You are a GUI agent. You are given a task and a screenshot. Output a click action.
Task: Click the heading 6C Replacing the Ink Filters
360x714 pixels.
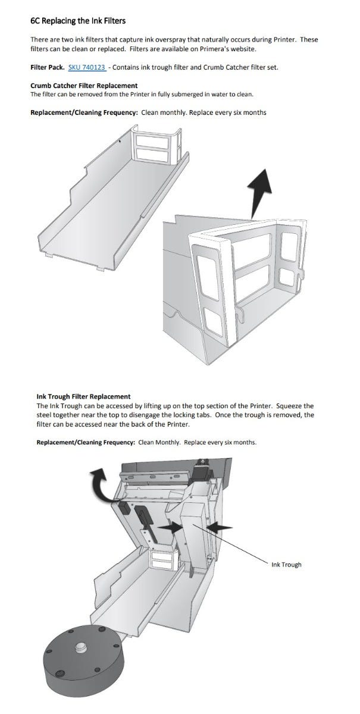77,21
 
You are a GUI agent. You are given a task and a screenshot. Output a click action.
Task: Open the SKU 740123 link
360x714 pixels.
87,67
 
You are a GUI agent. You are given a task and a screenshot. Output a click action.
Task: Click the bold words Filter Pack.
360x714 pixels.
48,67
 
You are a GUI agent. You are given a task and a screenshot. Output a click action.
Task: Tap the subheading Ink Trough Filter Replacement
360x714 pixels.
83,396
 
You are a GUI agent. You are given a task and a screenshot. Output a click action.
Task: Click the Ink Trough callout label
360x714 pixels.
286,565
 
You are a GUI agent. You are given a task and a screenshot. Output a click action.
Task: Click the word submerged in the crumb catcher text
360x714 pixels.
177,94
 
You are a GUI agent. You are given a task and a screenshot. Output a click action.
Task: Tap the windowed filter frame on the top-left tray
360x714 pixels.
153,146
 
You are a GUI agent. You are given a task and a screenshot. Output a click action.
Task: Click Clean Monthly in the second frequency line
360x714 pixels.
159,443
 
